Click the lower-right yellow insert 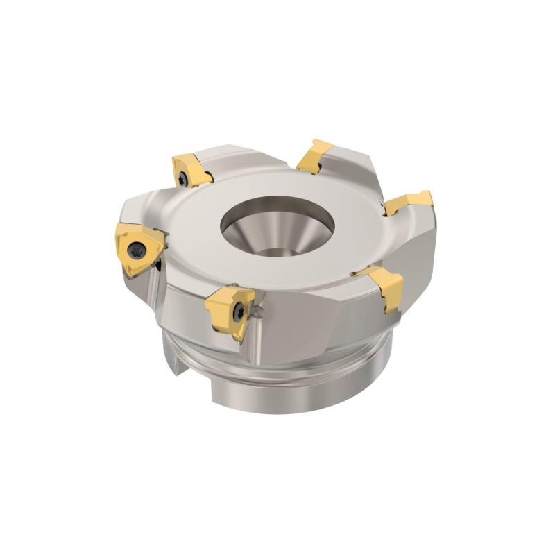[384, 284]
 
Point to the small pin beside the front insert [259, 314]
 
